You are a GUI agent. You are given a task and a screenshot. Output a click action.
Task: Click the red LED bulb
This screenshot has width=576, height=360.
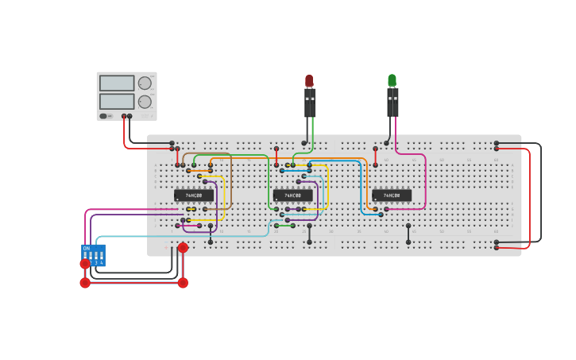tap(309, 80)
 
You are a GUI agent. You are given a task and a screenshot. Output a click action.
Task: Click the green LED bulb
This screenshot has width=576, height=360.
tap(392, 80)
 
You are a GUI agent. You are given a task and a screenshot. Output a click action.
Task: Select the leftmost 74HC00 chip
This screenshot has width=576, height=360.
tap(194, 195)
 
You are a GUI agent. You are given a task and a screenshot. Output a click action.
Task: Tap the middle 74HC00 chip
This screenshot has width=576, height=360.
tap(292, 195)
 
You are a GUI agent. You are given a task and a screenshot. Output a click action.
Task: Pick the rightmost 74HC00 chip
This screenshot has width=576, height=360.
tap(392, 195)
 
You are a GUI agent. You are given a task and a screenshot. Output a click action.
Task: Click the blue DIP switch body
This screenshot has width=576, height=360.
tap(94, 255)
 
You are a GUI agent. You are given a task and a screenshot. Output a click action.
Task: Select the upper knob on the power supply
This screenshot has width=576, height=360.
tap(145, 83)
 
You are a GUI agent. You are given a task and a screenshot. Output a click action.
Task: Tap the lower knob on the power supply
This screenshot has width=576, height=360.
tap(145, 102)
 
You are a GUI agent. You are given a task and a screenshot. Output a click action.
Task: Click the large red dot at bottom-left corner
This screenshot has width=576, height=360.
tap(85, 283)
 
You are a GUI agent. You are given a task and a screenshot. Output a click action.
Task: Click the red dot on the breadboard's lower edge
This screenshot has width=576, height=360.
tap(183, 248)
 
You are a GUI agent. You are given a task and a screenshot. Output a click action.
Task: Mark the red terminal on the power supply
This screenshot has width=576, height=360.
tap(124, 116)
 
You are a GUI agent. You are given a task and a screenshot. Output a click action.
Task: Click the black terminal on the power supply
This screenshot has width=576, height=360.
tap(130, 116)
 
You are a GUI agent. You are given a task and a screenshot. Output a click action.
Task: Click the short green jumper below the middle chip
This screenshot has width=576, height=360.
tap(284, 226)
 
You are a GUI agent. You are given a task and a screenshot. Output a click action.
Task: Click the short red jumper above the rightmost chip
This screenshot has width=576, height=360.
tap(376, 157)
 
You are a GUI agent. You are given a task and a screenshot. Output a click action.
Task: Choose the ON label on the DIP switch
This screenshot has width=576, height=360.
tap(87, 248)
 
